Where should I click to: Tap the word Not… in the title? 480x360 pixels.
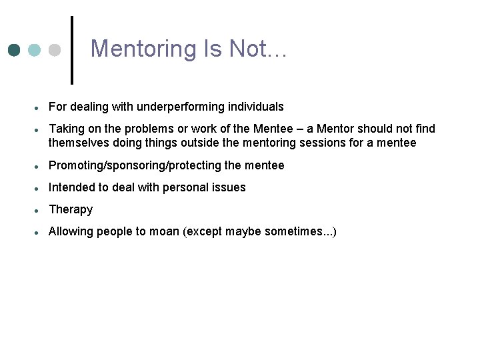[257, 49]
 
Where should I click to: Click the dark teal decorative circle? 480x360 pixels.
[15, 50]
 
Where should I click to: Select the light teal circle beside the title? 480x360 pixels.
[35, 50]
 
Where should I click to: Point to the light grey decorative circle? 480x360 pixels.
[55, 50]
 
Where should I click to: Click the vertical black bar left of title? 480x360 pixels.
[72, 50]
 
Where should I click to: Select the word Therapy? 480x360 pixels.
[71, 209]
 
